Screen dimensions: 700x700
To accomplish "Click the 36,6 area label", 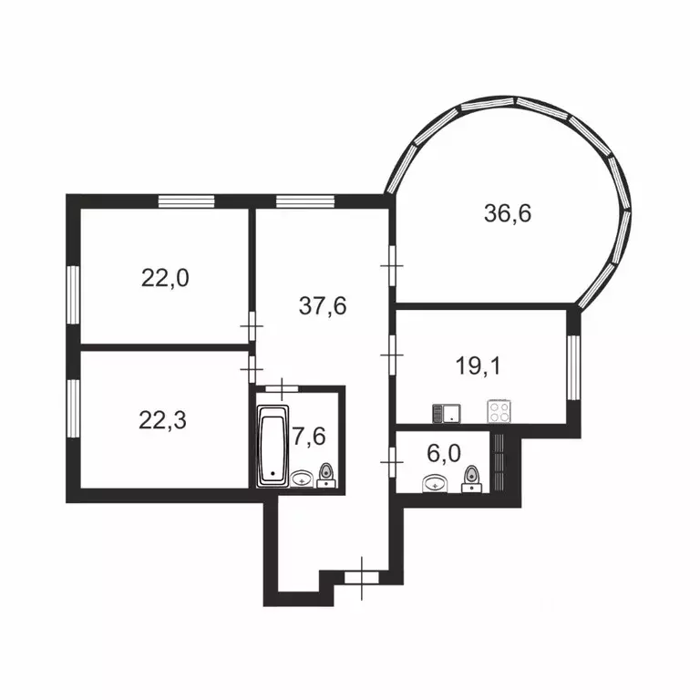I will coord(508,214).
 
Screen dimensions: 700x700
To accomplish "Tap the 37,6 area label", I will coord(323,305).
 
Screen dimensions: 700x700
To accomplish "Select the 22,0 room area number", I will coord(165,277).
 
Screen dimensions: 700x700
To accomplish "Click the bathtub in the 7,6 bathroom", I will coord(273,445).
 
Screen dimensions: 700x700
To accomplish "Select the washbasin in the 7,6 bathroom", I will coord(303,479).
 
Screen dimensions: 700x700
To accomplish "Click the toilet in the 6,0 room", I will coord(471,478).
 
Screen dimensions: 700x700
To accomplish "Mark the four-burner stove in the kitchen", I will coord(500,411).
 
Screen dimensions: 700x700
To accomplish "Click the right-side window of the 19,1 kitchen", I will coord(571,367).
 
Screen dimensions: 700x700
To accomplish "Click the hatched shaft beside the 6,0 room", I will coord(498,461).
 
